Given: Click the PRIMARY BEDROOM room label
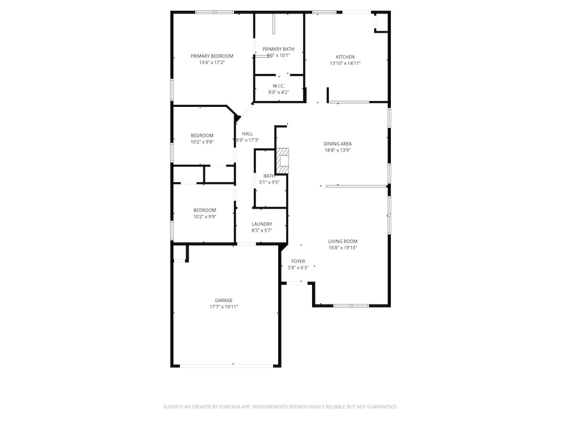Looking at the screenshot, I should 212,56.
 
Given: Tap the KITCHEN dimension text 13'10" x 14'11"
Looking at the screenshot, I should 345,63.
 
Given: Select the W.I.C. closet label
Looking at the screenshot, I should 278,85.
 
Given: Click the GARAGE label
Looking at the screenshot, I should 223,300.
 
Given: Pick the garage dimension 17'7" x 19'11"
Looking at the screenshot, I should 223,306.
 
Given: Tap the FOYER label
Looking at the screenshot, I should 298,261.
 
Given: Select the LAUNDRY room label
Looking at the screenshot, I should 262,224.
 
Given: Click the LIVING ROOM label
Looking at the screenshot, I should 343,241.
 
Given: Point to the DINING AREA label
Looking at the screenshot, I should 338,143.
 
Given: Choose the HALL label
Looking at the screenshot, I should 248,134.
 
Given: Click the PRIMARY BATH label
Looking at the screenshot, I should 278,49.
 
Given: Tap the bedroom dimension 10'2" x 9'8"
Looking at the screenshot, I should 201,141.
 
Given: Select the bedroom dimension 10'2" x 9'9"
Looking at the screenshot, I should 205,216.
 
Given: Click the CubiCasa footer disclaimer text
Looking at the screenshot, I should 280,406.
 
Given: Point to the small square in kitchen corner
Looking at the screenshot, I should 380,23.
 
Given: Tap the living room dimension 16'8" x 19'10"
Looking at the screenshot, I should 343,248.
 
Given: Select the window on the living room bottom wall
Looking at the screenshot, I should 351,305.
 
